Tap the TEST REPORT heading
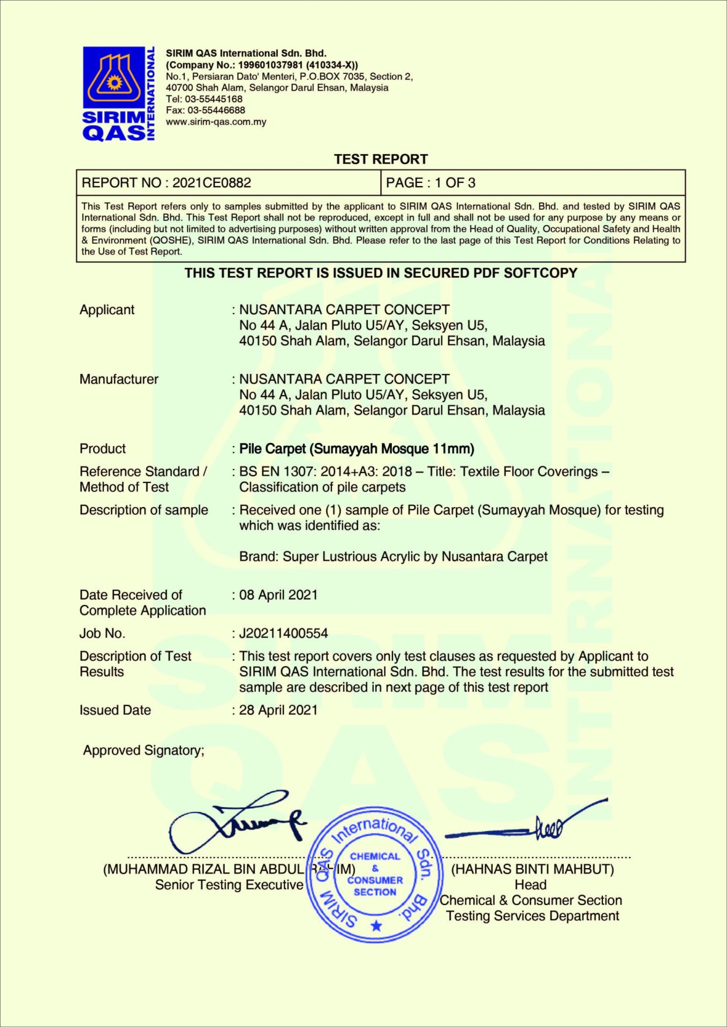(381, 159)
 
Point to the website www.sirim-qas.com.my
(216, 122)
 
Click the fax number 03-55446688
(216, 110)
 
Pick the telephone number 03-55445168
(214, 99)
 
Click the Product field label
(103, 449)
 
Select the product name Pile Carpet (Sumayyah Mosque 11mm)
(357, 449)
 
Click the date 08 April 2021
(278, 595)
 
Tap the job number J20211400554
(283, 633)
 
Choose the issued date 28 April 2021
(278, 710)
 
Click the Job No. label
(102, 633)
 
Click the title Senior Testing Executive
(229, 885)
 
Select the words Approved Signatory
(143, 750)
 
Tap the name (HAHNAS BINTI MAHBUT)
(533, 869)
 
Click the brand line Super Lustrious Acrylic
(393, 557)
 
